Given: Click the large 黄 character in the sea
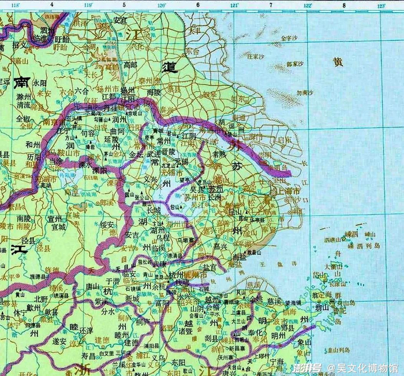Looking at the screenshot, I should coord(338,62).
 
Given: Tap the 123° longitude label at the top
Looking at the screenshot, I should coord(381,6).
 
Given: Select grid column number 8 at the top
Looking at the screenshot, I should coord(344,6).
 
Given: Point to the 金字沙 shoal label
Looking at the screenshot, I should coord(287,39).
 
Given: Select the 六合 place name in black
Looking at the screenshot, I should coord(81,91).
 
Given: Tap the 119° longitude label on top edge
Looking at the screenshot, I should coord(88,6).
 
